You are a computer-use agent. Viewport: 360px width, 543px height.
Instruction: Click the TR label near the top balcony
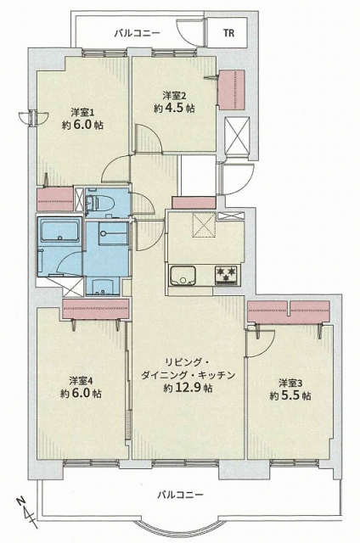(x=228, y=33)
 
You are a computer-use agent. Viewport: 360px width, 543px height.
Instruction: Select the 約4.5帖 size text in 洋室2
(x=174, y=108)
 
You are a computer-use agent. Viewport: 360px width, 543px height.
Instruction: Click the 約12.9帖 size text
(x=188, y=388)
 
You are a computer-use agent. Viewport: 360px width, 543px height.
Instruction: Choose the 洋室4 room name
(x=81, y=381)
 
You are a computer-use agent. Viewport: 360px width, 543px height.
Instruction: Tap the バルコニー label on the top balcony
(x=138, y=33)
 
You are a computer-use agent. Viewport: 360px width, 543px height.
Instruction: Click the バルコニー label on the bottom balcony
(x=180, y=494)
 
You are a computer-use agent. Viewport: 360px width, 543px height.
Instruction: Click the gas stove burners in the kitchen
(x=227, y=275)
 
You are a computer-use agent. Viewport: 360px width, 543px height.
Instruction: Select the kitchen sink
(x=183, y=275)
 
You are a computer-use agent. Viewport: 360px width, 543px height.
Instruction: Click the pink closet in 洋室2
(x=232, y=90)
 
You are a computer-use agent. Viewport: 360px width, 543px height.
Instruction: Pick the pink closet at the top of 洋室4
(x=96, y=309)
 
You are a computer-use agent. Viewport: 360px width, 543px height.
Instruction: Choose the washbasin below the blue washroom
(x=103, y=286)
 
